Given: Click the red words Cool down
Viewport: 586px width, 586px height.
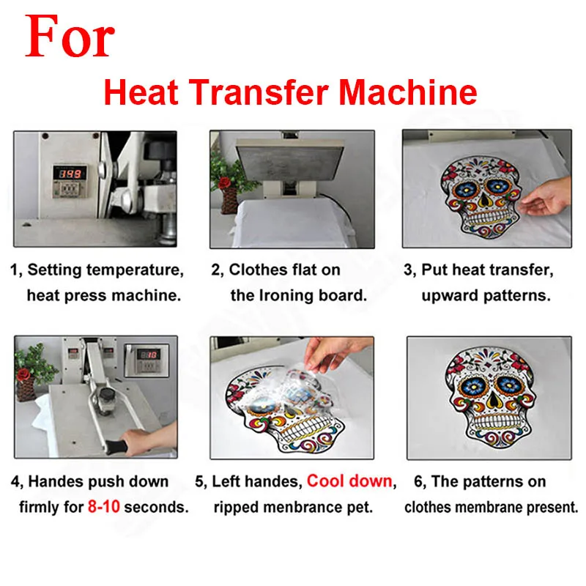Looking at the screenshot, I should pos(350,482).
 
